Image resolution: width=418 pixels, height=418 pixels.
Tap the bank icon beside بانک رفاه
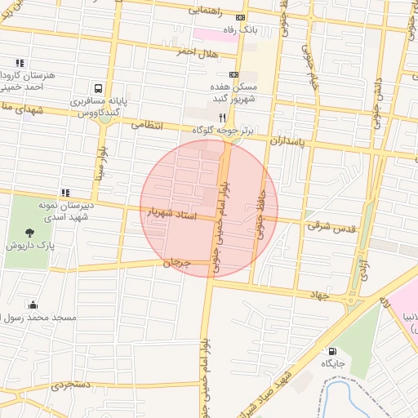click(x=240, y=18)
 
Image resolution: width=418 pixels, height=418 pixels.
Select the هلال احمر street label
click(x=194, y=51)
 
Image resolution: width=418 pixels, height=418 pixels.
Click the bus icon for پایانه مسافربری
click(x=98, y=88)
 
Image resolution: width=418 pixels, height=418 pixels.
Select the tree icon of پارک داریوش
click(x=29, y=233)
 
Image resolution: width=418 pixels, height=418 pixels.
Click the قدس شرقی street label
click(x=331, y=226)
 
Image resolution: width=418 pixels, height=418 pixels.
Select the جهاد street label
click(x=322, y=292)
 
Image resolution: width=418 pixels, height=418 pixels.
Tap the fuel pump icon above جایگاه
click(x=332, y=350)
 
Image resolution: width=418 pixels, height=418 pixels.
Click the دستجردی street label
click(x=73, y=383)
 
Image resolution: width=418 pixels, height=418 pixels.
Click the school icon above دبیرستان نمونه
click(x=64, y=193)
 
